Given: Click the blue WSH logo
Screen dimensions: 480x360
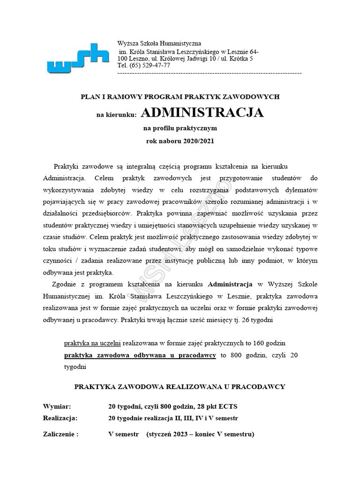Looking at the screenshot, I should click(x=78, y=58).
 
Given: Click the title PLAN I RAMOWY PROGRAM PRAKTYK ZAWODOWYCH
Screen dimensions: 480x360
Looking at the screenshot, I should click(x=180, y=97).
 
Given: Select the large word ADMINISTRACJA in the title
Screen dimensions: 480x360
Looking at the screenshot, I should click(x=202, y=113).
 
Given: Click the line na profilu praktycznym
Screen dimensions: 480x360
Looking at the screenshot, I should click(x=180, y=127).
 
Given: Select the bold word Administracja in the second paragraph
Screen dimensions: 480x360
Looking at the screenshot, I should click(x=230, y=285).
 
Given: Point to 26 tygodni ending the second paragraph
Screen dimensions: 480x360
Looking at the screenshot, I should click(x=263, y=321).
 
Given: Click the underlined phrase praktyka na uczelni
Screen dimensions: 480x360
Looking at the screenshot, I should click(x=92, y=344).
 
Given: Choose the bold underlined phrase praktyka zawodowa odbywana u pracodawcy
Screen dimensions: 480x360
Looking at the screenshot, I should click(x=140, y=355).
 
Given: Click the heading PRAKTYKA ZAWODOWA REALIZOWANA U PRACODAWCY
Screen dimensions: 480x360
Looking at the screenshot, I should click(x=180, y=387).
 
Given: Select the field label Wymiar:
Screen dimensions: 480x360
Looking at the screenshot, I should click(x=57, y=406).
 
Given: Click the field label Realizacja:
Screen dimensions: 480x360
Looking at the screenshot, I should click(x=60, y=418).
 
